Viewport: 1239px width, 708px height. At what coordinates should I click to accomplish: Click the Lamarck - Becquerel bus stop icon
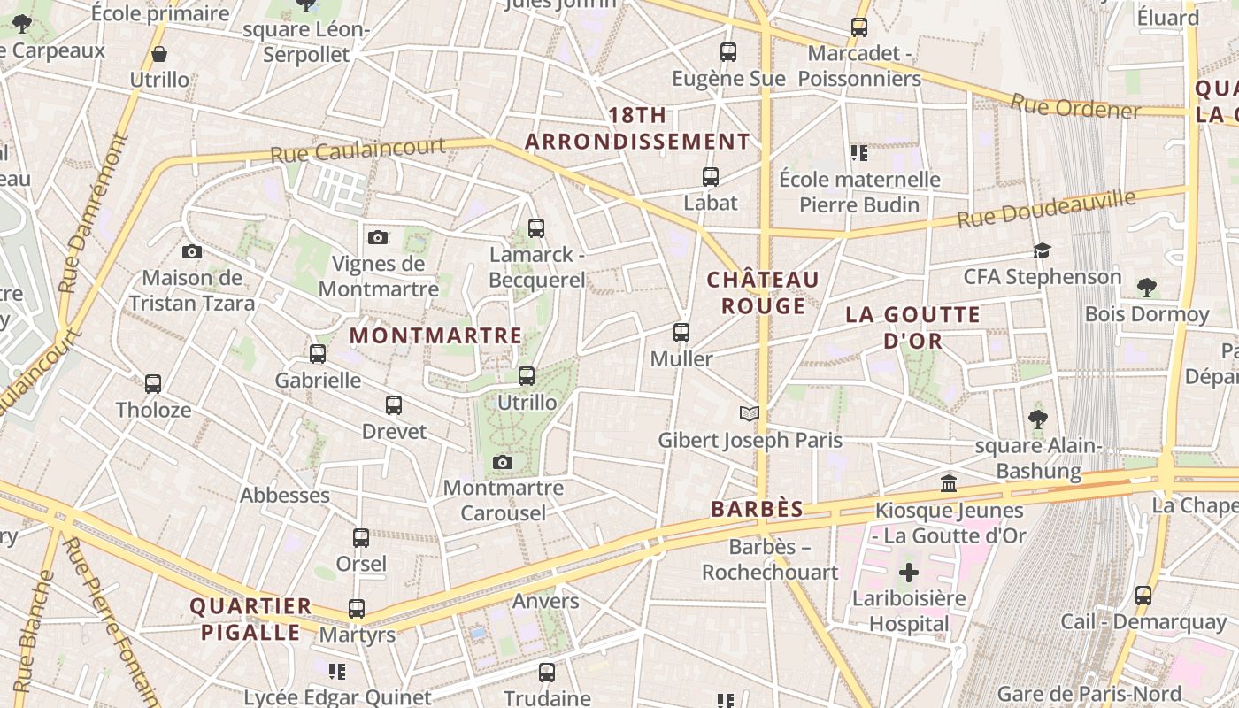click(x=535, y=228)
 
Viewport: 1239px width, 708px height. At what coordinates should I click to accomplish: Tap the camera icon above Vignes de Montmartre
click(x=378, y=237)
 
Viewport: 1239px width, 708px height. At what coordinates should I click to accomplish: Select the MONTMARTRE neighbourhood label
click(x=435, y=336)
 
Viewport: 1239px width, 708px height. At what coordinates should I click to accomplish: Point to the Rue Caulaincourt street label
click(x=357, y=149)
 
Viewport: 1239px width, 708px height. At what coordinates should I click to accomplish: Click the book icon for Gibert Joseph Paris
click(x=750, y=413)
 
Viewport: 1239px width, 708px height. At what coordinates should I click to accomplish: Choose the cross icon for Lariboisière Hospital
click(x=908, y=573)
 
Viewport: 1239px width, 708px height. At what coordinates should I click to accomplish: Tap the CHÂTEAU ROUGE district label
click(x=763, y=293)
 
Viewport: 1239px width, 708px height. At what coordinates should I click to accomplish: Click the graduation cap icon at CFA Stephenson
click(x=1042, y=251)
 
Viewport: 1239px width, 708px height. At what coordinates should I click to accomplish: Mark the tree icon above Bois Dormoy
click(x=1147, y=288)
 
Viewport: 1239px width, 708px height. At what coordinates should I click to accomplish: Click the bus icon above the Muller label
click(x=681, y=333)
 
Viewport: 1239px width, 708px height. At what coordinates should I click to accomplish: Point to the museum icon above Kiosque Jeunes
click(x=949, y=484)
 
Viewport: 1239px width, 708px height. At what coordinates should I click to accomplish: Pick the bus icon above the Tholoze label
click(x=153, y=384)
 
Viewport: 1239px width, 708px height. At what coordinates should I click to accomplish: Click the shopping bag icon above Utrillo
click(x=159, y=54)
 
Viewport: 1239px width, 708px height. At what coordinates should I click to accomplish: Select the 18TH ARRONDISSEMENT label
click(x=637, y=129)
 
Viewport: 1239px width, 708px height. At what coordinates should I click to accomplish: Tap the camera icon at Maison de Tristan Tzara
click(x=192, y=252)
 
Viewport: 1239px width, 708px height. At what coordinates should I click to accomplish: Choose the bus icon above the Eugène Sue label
click(x=728, y=52)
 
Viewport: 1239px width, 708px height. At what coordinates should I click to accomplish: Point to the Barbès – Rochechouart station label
click(x=770, y=560)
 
